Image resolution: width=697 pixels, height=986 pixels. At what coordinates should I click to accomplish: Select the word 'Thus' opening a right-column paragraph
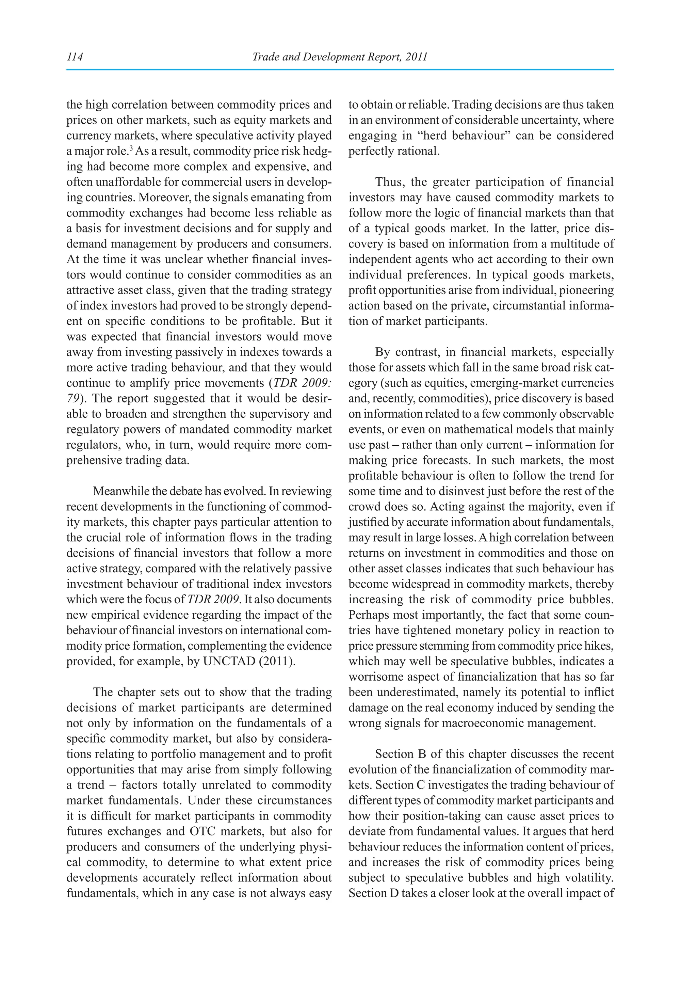pyautogui.click(x=389, y=182)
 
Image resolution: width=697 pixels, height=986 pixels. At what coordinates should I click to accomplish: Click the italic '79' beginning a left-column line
pyautogui.click(x=72, y=399)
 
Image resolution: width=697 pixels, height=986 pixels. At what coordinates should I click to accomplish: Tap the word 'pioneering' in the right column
pyautogui.click(x=588, y=290)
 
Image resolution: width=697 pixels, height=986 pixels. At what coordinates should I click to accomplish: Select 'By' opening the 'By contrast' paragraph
pyautogui.click(x=382, y=352)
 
